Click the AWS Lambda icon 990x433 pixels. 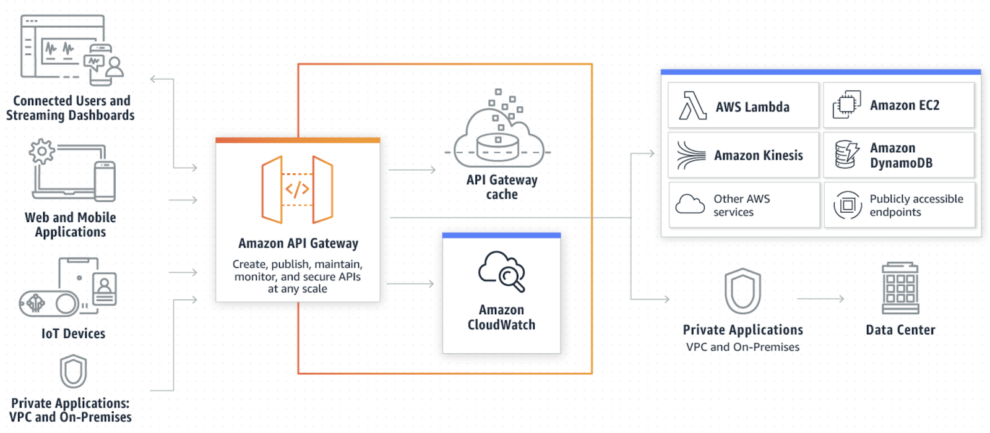click(x=692, y=106)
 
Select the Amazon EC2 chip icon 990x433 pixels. click(x=846, y=105)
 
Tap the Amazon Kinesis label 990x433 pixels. click(x=759, y=155)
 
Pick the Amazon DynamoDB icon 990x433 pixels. click(x=847, y=155)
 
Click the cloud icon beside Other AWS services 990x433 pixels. click(x=690, y=204)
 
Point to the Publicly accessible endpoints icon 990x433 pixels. click(x=847, y=205)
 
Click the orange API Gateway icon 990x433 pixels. click(x=297, y=189)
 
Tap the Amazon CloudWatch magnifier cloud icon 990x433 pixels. click(x=502, y=272)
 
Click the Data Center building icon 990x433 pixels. click(x=900, y=288)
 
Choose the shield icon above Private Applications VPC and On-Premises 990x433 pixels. click(x=742, y=291)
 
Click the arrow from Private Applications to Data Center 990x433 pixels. click(x=820, y=299)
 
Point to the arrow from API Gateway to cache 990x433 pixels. click(x=412, y=169)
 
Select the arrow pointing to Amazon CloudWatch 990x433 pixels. click(x=410, y=284)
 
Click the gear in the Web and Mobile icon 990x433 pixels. click(x=41, y=152)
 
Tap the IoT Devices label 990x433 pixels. click(x=74, y=333)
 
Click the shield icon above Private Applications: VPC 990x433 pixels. click(x=74, y=372)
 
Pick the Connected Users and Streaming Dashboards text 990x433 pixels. click(x=71, y=108)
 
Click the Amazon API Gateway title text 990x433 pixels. click(x=298, y=243)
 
